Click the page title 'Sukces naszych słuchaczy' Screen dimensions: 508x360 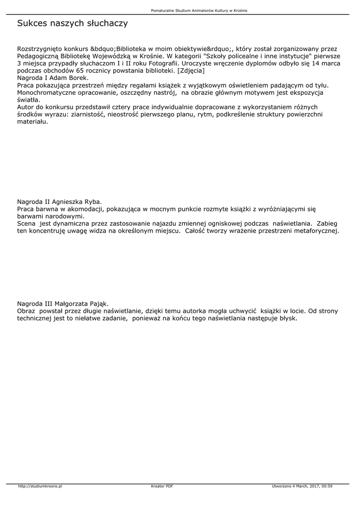point(72,23)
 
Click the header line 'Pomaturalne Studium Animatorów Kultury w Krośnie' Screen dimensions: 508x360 point(199,10)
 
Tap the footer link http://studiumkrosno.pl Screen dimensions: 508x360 point(40,486)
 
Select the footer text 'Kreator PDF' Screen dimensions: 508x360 point(162,486)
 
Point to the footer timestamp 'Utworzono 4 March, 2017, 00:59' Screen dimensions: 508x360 point(302,486)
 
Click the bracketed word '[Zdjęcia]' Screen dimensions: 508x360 point(191,71)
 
